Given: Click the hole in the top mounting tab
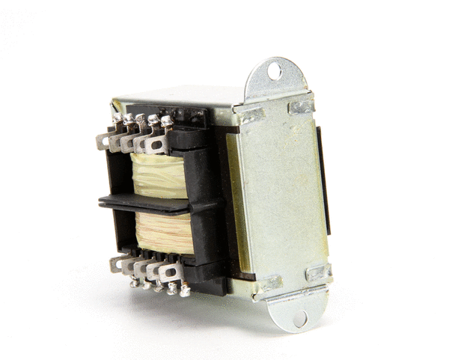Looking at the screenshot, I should [x=275, y=71].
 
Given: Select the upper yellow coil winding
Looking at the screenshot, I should [x=159, y=177].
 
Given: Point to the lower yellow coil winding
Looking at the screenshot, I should [x=163, y=232].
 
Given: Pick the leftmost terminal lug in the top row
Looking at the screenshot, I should [x=105, y=140].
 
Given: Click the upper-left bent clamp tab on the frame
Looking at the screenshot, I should [x=251, y=115].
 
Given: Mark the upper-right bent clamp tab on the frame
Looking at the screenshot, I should [x=301, y=106].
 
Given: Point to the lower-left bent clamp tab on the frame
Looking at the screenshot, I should [x=269, y=282].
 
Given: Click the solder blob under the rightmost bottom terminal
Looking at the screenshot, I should [x=184, y=291].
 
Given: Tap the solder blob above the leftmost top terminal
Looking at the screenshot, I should [x=117, y=118].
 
